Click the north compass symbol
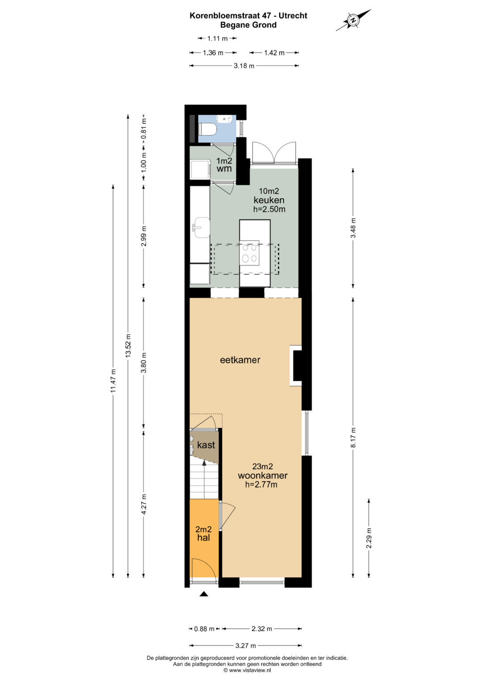pos(353,20)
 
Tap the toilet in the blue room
pos(207,129)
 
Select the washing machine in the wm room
pos(200,169)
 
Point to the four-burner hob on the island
pos(249,253)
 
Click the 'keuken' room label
pos(269,200)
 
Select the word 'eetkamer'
pos(240,360)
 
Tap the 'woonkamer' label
pos(262,475)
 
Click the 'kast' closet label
pos(206,445)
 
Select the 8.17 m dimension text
pos(353,437)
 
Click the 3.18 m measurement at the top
pos(244,66)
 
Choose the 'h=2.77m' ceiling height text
pos(261,484)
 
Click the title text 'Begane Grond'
pos(248,25)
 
